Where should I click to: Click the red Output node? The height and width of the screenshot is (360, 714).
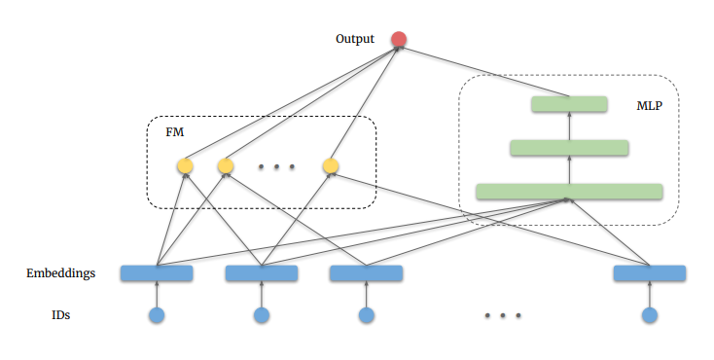[x=398, y=40]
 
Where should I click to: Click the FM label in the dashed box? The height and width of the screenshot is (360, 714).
[x=175, y=131]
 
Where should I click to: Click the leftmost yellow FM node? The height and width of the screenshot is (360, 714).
[x=185, y=166]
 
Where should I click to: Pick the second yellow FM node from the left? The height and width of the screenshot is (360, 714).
[x=226, y=166]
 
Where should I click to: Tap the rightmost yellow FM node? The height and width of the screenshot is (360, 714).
[x=331, y=166]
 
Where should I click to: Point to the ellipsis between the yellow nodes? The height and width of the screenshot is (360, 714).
[x=277, y=167]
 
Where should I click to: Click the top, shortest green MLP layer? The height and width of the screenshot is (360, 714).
[x=569, y=104]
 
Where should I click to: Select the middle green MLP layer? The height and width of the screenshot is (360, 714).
[x=569, y=148]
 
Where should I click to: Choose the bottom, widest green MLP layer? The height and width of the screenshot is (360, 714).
[x=569, y=192]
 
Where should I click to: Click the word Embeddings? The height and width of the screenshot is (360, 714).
[x=60, y=273]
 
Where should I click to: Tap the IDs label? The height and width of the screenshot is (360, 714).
[x=60, y=315]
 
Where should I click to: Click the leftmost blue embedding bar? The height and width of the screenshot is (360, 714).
[x=156, y=273]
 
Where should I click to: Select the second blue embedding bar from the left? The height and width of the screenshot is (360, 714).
[x=261, y=273]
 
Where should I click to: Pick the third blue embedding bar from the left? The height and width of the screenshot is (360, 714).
[x=366, y=273]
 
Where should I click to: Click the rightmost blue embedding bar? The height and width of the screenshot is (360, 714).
[x=650, y=273]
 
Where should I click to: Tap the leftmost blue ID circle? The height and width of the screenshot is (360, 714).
[x=156, y=315]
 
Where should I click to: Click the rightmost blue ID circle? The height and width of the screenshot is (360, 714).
[x=650, y=315]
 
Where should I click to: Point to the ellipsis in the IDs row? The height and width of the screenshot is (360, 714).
[x=503, y=316]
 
